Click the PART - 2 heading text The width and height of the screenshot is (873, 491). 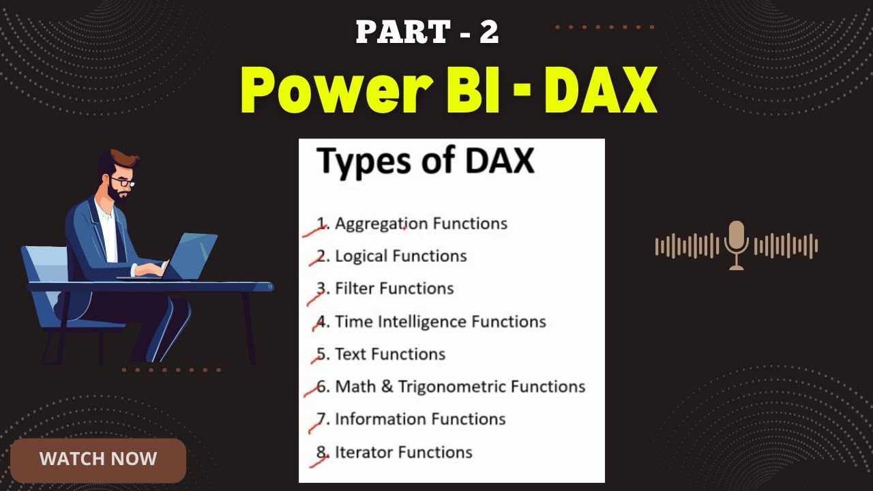coord(427,33)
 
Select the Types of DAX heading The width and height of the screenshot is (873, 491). coord(426,162)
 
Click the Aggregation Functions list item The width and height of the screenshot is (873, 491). coord(421,224)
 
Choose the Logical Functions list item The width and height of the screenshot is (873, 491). coord(401,256)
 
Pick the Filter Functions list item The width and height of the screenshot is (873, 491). coord(394,288)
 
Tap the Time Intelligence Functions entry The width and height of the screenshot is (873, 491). coord(441,321)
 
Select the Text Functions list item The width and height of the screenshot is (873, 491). coord(390,355)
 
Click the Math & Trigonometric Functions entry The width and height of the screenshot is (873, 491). coord(460,387)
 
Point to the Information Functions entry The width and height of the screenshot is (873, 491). coord(420,419)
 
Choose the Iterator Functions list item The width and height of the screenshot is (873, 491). coord(403,452)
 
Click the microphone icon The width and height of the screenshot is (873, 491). coord(737,244)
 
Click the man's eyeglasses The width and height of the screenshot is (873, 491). coord(122,181)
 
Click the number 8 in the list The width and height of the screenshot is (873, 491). coord(323,452)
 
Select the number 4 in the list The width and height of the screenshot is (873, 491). coord(323,321)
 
